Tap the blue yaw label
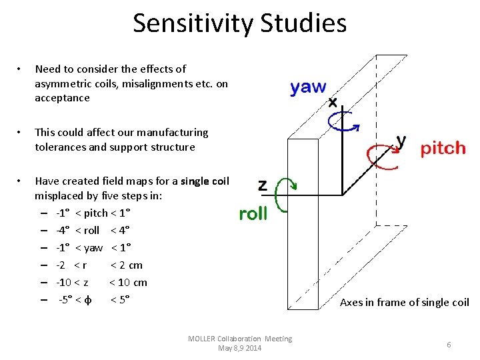click(308, 87)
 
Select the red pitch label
click(443, 148)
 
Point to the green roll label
click(253, 213)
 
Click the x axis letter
click(333, 103)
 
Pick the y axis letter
click(401, 141)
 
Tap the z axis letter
click(262, 185)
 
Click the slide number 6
click(449, 344)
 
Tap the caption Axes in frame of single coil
click(405, 303)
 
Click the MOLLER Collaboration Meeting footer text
click(240, 339)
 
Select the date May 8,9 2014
click(240, 348)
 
